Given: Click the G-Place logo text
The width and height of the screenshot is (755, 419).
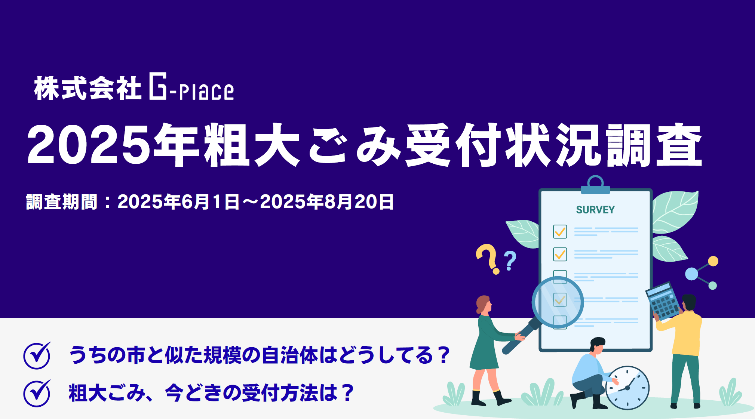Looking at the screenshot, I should coord(191,88).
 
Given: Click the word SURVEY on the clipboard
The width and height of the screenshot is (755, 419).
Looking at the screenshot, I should coord(595,210).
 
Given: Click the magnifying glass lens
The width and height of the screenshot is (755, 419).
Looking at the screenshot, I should coord(558,302).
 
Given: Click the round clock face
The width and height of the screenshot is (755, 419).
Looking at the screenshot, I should coord(628,388).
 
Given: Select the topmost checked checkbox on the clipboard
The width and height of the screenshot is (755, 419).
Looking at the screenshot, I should coord(560,232).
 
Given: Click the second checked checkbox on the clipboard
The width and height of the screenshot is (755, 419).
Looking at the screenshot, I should coord(560,255).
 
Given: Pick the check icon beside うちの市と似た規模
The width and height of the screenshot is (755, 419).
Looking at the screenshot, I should coord(37,355).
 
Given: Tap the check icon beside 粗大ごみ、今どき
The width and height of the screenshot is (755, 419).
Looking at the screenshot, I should coord(37,393).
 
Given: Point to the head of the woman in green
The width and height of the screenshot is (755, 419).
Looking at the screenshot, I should coord(484,305).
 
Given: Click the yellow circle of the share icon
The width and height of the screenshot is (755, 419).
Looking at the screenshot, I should coord(713,261).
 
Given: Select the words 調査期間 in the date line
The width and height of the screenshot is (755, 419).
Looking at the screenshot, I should coord(62,202).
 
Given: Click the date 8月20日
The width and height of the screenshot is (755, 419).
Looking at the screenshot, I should coord(359,202).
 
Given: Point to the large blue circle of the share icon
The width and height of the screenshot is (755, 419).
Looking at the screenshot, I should coord(691,274).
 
